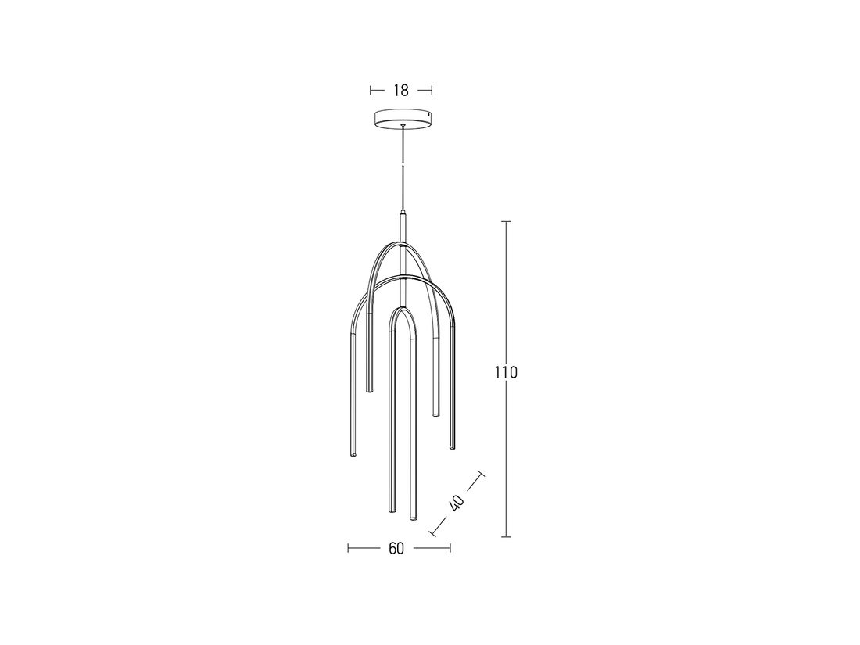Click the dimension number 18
pyautogui.click(x=400, y=91)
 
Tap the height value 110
pyautogui.click(x=506, y=372)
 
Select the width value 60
pyautogui.click(x=396, y=548)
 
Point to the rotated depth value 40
pyautogui.click(x=457, y=502)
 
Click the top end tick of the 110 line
pyautogui.click(x=506, y=222)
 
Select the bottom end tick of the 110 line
pyautogui.click(x=506, y=536)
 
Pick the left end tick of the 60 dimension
pyautogui.click(x=349, y=548)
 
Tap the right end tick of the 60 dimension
pyautogui.click(x=450, y=548)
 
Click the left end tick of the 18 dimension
pyautogui.click(x=371, y=91)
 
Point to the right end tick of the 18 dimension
pyautogui.click(x=432, y=91)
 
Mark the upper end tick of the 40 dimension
pyautogui.click(x=480, y=475)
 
